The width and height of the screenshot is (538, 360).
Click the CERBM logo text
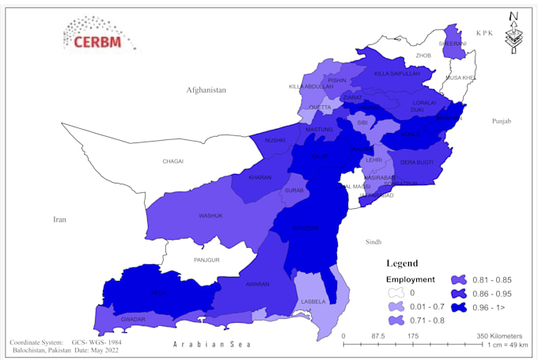[97, 41]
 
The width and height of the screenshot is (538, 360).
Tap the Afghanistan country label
[206, 90]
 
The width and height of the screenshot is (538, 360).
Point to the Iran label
[60, 220]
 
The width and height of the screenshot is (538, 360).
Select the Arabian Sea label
[212, 345]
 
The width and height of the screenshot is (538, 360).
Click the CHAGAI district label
[172, 161]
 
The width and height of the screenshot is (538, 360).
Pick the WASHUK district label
[210, 216]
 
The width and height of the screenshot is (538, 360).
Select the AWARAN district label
[257, 284]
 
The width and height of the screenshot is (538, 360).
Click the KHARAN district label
[260, 177]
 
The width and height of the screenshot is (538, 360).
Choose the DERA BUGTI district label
[416, 162]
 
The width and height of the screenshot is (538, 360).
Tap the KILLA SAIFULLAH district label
[393, 73]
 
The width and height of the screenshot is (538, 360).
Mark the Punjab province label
[502, 121]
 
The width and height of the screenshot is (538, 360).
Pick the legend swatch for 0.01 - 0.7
[393, 306]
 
